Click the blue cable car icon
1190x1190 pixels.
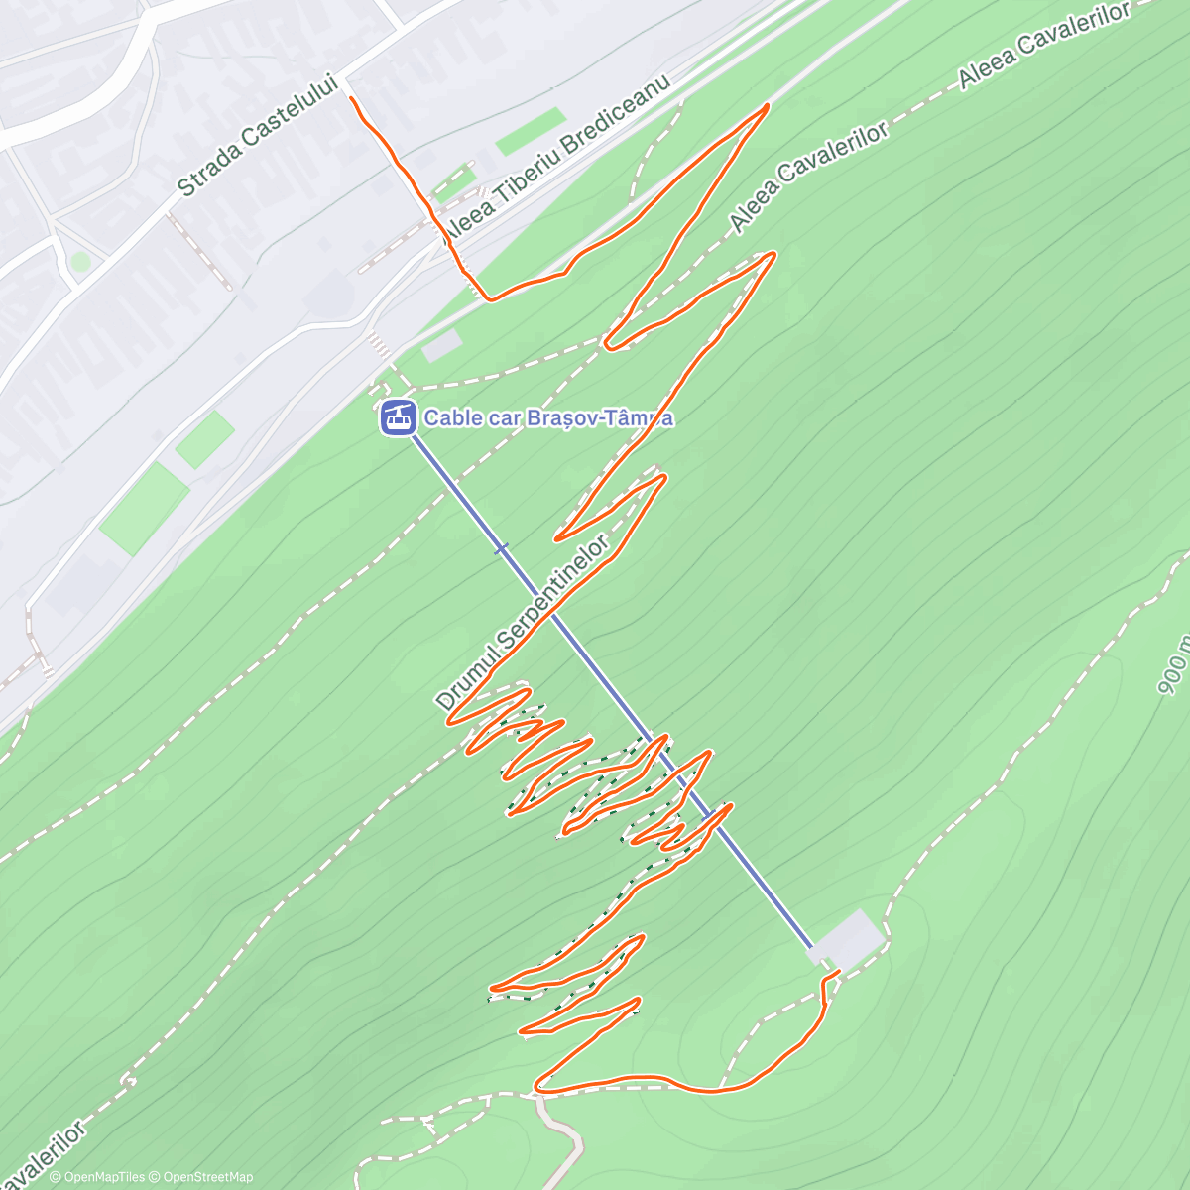point(398,417)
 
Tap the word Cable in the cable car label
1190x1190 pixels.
point(449,417)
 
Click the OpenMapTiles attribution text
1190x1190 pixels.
point(103,1177)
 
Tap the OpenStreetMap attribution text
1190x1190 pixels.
point(207,1177)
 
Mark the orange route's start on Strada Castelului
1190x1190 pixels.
point(352,97)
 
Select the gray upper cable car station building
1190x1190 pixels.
point(849,938)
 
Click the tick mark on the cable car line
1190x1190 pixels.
point(502,547)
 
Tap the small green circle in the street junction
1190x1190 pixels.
point(80,261)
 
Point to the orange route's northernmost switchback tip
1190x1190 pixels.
point(767,105)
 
